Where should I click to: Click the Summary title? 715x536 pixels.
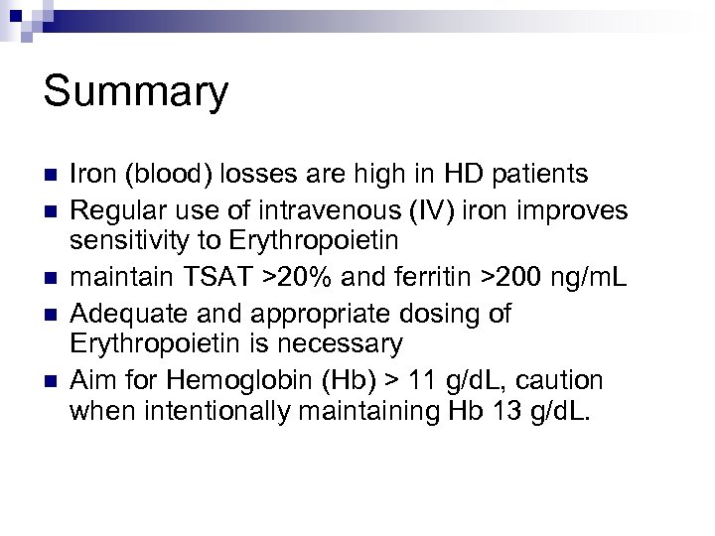pyautogui.click(x=136, y=94)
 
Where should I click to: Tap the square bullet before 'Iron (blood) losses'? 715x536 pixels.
pyautogui.click(x=48, y=176)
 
